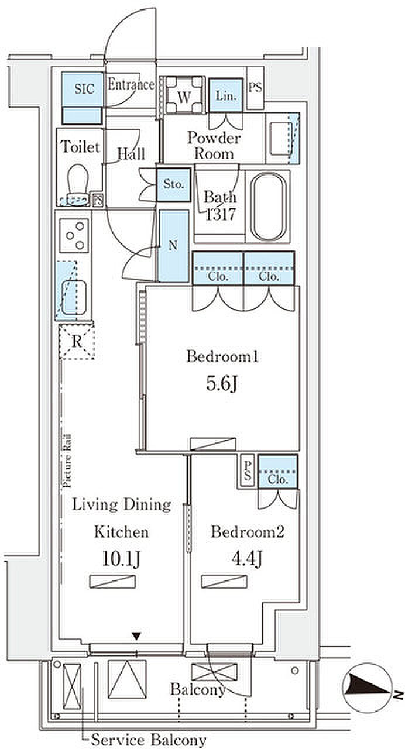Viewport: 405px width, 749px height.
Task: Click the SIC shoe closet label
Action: pos(84,89)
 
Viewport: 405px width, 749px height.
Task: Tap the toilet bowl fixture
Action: pos(78,184)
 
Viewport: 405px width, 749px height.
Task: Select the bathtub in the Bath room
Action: pos(269,207)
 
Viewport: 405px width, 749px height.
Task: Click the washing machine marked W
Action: pos(184,95)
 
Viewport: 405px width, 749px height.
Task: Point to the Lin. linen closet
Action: pos(226,95)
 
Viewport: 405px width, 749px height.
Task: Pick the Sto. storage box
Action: pos(174,184)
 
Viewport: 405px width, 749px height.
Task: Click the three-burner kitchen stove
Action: pos(74,235)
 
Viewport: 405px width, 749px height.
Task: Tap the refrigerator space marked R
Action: pos(77,341)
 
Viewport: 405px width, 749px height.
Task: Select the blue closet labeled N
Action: pos(173,246)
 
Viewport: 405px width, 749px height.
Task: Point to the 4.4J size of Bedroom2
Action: pos(247,558)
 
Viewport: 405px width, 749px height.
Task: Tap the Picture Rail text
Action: pos(67,461)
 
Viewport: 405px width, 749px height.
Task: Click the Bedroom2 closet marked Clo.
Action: pos(277,471)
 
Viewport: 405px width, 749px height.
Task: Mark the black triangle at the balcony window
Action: pos(136,636)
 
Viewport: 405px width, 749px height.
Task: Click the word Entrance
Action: pos(131,85)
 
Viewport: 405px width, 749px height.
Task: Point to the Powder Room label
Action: pos(214,146)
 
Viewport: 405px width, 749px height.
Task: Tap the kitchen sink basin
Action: pos(74,297)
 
